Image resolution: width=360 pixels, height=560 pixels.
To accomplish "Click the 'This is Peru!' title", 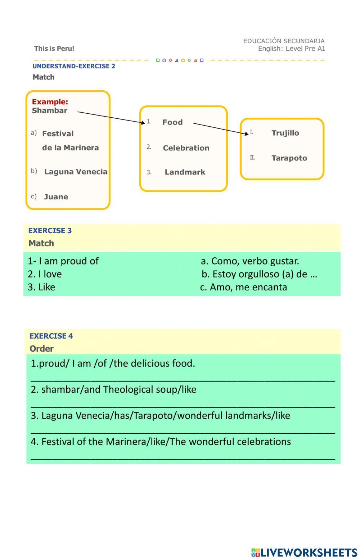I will [x=54, y=49].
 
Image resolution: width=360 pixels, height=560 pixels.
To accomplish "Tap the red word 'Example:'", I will [x=50, y=102].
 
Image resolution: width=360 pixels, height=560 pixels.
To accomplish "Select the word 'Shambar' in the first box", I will [x=49, y=111].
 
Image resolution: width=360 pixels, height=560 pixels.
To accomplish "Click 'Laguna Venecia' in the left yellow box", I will [x=76, y=172].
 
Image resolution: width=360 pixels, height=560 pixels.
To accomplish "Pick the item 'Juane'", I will [x=56, y=197].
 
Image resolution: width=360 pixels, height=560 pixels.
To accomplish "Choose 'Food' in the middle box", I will [x=172, y=122].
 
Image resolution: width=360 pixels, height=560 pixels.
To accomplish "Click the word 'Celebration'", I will [x=186, y=148].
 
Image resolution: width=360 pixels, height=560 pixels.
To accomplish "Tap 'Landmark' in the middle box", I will [x=185, y=172].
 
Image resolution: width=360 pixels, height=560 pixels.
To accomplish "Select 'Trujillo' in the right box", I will [x=285, y=133].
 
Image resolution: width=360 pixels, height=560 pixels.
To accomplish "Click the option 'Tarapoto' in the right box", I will [x=289, y=158].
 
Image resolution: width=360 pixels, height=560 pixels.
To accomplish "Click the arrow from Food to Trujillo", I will [x=220, y=128].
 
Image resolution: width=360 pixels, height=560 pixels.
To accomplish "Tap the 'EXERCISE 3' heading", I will [x=50, y=231].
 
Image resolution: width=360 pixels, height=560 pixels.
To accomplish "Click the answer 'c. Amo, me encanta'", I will [x=243, y=287].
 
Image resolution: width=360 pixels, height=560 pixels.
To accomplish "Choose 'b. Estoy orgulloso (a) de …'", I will [x=259, y=274].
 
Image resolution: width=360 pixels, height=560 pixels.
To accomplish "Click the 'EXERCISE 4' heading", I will [x=51, y=336].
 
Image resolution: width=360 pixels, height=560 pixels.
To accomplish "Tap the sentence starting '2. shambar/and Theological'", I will [x=113, y=389].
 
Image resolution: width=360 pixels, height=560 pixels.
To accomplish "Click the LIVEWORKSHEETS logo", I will [x=304, y=552].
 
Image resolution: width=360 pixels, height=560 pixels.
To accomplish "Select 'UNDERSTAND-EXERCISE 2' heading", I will [x=74, y=66].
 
